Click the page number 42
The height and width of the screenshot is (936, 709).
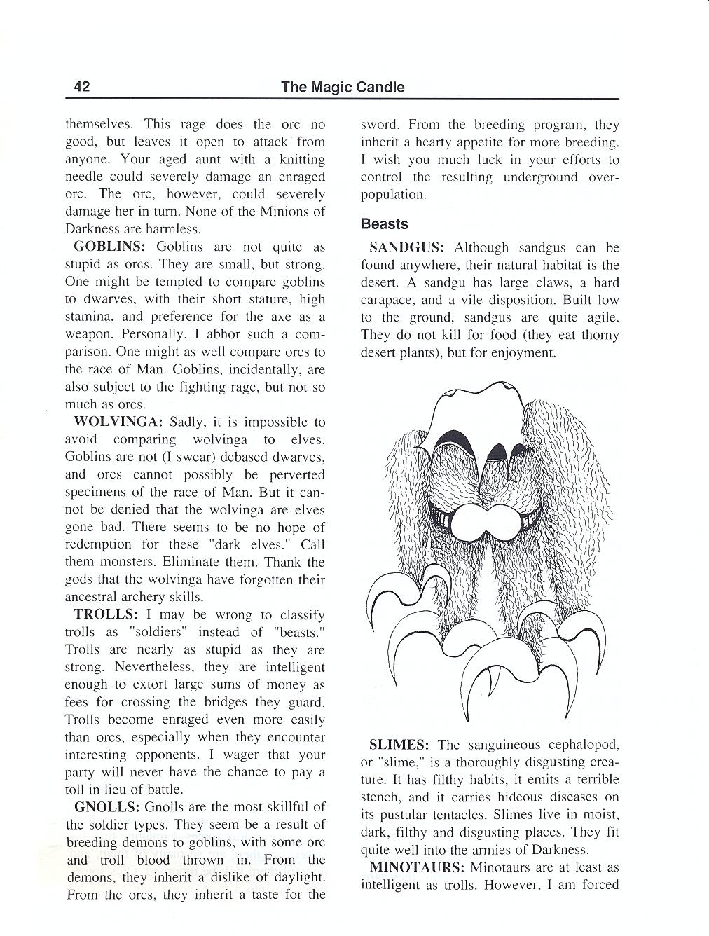[x=81, y=87]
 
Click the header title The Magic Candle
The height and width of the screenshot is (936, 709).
[x=343, y=87]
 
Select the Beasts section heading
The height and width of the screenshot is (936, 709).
[x=384, y=224]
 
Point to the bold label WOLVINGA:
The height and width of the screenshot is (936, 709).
[x=118, y=422]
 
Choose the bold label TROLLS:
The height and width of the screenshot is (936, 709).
[x=106, y=615]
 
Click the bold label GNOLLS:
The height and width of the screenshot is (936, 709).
[x=106, y=807]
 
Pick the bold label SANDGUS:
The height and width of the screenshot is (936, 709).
[x=406, y=248]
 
